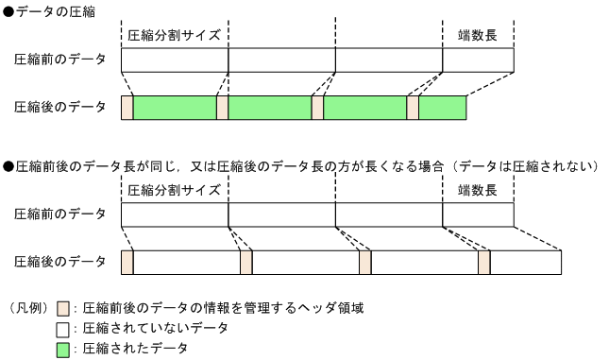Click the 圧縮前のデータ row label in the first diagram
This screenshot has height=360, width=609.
[59, 60]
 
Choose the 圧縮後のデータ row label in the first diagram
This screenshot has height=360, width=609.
[59, 107]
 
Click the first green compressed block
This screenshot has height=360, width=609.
[175, 107]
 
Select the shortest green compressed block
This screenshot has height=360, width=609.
[443, 107]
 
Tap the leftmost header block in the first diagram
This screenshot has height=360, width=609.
[127, 107]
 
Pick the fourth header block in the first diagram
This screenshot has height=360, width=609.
[413, 107]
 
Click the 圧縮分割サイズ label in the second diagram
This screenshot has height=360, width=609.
[174, 190]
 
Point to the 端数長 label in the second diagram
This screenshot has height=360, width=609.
[477, 190]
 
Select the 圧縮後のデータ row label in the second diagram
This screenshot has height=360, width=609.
[59, 262]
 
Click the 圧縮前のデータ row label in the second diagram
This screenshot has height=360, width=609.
[59, 214]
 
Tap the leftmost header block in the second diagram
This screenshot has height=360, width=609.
[127, 262]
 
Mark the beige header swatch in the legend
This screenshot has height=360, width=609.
[63, 308]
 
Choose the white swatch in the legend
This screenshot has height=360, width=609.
[63, 329]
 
